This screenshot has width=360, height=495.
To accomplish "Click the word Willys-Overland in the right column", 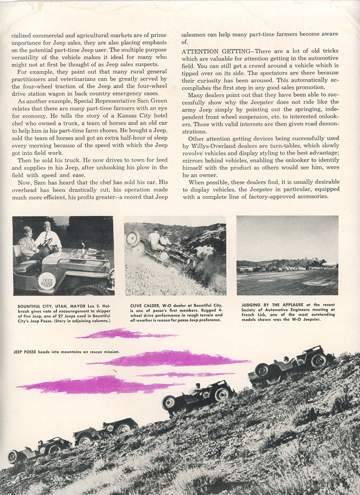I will point(211,145).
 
